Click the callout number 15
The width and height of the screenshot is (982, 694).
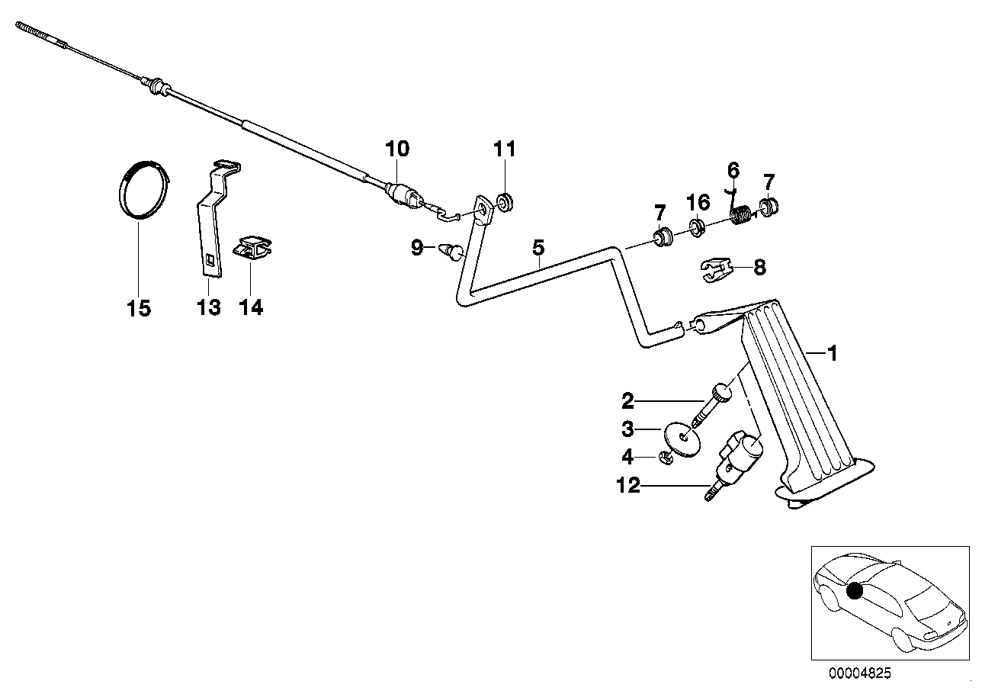139,308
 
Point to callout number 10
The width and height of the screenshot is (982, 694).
396,149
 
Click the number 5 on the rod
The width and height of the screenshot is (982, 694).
538,247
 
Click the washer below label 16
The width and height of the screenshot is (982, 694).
696,227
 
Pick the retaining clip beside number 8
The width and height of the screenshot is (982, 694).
714,270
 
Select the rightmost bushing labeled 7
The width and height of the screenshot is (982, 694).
768,206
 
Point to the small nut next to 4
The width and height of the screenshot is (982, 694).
663,458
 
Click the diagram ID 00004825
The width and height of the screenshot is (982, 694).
859,673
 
